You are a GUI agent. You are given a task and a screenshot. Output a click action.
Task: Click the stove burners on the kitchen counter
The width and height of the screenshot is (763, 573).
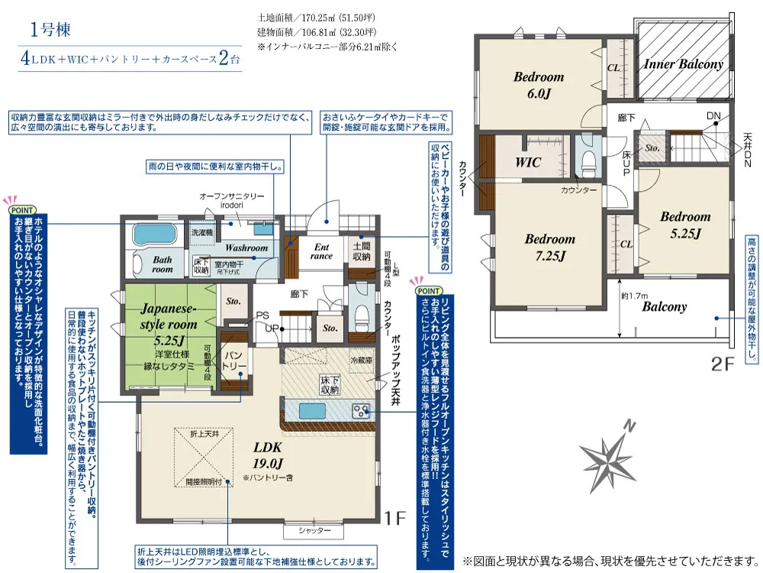coord(361,411)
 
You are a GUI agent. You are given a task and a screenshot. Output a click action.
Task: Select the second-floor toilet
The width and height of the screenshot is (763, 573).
coord(588,160)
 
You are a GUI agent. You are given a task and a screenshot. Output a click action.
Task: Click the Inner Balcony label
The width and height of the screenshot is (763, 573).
coord(683,64)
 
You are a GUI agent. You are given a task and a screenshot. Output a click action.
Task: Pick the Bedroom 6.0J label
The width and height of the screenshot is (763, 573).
coord(539,85)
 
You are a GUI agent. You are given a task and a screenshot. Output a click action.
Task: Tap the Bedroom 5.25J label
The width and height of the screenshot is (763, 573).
coord(685,225)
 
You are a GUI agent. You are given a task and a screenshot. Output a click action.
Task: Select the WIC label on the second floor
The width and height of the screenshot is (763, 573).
coord(528,163)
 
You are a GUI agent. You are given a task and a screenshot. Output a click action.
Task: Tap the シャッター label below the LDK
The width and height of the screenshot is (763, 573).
coord(314,530)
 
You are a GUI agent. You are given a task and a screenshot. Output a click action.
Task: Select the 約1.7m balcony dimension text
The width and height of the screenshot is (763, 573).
coord(635,296)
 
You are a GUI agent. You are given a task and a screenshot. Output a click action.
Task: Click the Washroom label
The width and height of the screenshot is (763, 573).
coord(246,248)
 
